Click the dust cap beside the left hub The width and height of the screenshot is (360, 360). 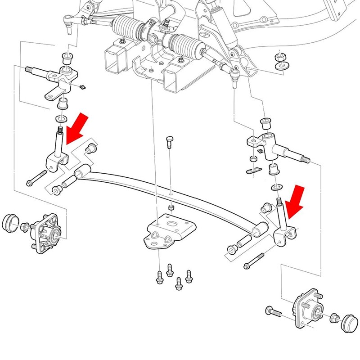coord(9,223)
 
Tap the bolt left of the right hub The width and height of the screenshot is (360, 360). coord(273,311)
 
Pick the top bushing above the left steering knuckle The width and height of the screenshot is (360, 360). coord(67,58)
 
